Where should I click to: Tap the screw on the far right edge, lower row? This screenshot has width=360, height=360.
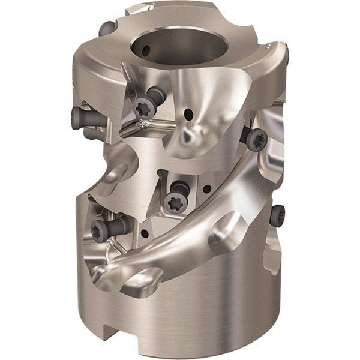point(277,215)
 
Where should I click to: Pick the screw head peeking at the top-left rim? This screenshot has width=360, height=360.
point(107,28)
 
